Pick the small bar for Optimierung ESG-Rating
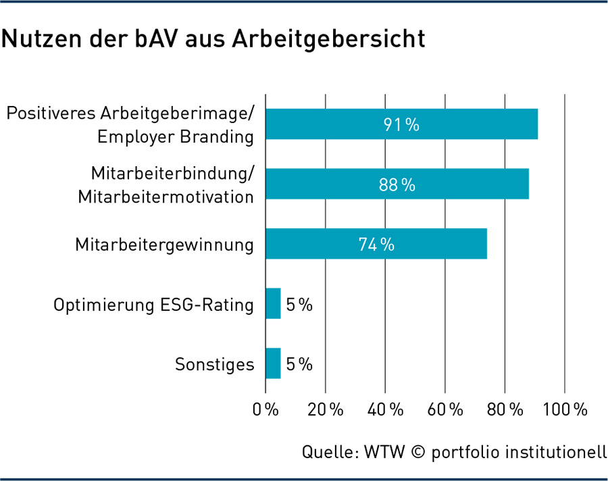click(x=273, y=304)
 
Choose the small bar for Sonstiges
click(x=273, y=364)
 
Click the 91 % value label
click(x=401, y=124)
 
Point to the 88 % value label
click(x=397, y=184)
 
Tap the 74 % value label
click(x=376, y=245)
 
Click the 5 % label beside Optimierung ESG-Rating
click(x=299, y=305)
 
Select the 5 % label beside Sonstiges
click(x=299, y=365)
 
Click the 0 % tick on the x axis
click(x=265, y=409)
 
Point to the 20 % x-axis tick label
click(x=326, y=409)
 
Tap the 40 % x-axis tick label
click(x=385, y=409)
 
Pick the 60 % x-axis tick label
click(x=445, y=409)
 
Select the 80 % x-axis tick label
click(x=505, y=409)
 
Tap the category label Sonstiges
click(x=215, y=365)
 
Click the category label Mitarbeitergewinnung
click(x=165, y=245)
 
